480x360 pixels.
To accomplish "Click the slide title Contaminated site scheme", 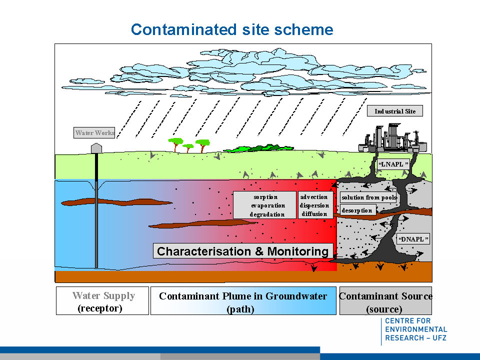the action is coord(232,29).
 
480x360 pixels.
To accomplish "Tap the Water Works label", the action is coord(94,133).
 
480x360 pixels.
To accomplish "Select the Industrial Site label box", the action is coord(395,111).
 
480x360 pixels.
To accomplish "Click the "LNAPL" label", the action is coord(393,164).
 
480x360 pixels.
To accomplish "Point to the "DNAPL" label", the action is coord(413,239).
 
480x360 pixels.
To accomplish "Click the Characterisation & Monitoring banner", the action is coord(243,251).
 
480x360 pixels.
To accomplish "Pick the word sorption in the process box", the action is coord(265,197).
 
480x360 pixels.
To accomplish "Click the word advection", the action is coord(314,197).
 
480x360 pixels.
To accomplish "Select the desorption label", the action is coord(357,210).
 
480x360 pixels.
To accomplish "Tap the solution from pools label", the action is coord(368,197).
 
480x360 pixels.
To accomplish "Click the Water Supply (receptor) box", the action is coord(102,301).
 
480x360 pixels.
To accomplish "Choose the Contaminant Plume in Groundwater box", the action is coord(243,301).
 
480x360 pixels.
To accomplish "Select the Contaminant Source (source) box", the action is coord(385,301).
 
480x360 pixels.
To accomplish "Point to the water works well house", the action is coord(96,148).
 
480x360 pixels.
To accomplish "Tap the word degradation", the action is coord(267,214).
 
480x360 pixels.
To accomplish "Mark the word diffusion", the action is coord(314,214).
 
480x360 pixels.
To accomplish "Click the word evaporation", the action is coord(268,205).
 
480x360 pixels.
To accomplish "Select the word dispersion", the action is coord(314,205).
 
